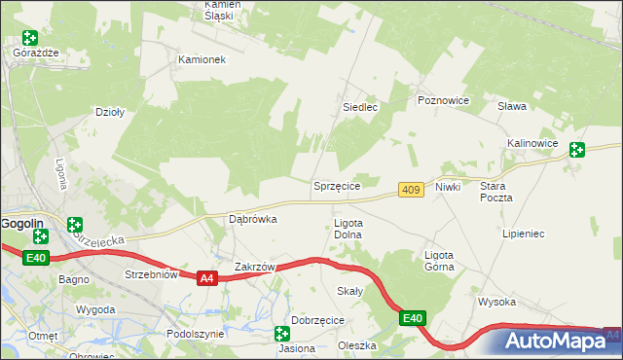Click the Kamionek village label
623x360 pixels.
click(202, 59)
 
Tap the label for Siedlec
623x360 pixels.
click(359, 107)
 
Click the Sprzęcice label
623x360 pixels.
click(337, 185)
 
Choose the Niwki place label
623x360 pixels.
click(448, 186)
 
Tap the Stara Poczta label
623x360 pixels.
click(495, 191)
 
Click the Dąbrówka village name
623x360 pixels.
click(252, 219)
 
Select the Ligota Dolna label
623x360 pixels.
click(348, 229)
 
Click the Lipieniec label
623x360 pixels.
click(523, 234)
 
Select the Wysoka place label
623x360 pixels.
click(496, 302)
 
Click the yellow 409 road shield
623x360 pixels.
click(411, 190)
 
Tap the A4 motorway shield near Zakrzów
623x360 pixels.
click(205, 278)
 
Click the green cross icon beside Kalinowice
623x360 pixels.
click(577, 150)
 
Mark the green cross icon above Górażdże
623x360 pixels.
click(30, 38)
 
